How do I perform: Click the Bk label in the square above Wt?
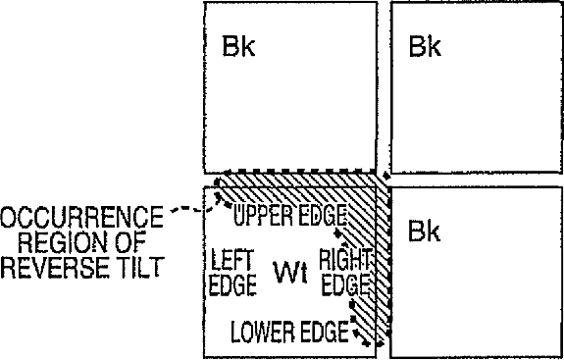click(x=238, y=46)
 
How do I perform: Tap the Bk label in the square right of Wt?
click(x=425, y=231)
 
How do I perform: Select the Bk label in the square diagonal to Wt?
click(x=425, y=46)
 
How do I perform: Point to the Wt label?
click(x=290, y=273)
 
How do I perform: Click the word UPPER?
click(x=260, y=215)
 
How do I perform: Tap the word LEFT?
click(x=233, y=260)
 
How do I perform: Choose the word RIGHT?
click(x=344, y=260)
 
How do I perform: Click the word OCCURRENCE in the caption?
click(x=81, y=217)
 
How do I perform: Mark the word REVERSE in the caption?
click(x=55, y=267)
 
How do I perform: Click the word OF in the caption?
click(x=130, y=241)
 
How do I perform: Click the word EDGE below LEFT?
click(x=232, y=284)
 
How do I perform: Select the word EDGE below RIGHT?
click(x=345, y=284)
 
